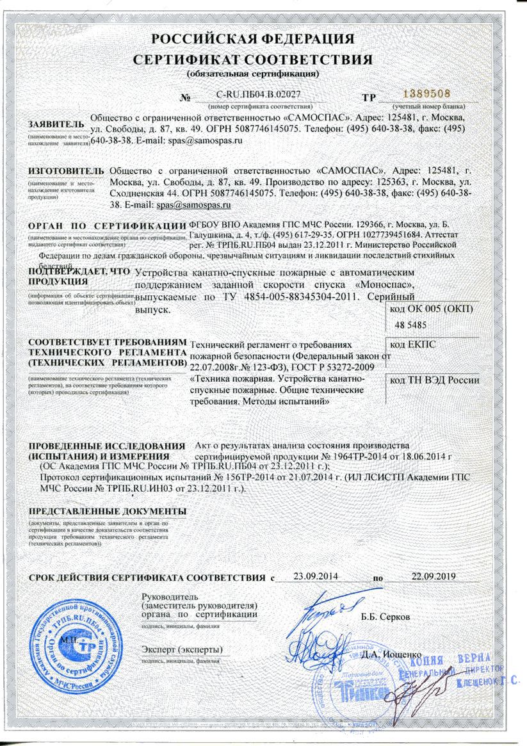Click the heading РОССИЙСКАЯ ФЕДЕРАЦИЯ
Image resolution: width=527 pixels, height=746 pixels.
252,39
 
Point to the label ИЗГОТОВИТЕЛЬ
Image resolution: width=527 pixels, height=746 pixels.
66,172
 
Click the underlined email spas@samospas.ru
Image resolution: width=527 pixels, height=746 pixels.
193,205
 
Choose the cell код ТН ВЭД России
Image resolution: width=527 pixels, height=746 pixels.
435,380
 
